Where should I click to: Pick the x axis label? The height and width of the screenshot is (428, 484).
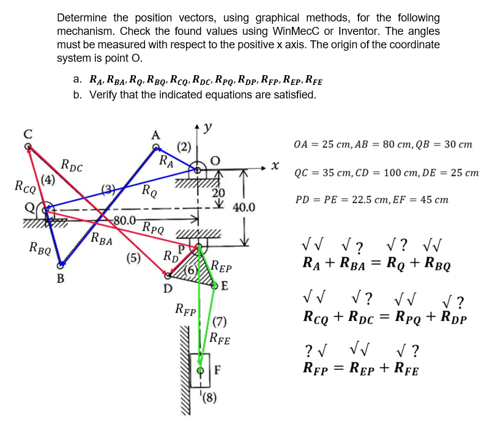pyautogui.click(x=276, y=165)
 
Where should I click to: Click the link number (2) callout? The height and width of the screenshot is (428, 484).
pyautogui.click(x=184, y=146)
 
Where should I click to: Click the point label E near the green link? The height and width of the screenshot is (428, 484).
pyautogui.click(x=225, y=286)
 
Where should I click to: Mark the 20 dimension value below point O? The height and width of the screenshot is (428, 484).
pyautogui.click(x=218, y=194)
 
